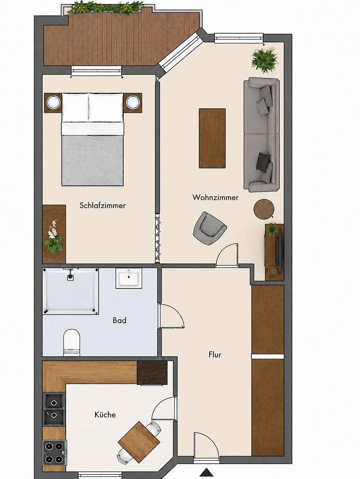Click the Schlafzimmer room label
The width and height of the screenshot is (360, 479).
tap(103, 205)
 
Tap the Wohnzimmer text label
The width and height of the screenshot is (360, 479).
tap(215, 197)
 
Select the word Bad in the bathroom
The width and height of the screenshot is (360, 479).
tap(119, 320)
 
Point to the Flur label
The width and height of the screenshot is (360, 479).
tap(215, 354)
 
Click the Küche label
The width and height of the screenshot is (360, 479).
tap(105, 415)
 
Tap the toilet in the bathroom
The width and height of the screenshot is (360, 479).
tap(71, 342)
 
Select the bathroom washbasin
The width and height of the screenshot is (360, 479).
tap(129, 278)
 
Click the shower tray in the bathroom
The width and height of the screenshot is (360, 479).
tap(71, 291)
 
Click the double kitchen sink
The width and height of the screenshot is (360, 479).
tap(54, 409)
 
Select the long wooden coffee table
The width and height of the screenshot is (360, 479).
tap(212, 138)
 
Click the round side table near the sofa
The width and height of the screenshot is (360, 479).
tap(264, 209)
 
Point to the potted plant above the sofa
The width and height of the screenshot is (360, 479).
tap(265, 59)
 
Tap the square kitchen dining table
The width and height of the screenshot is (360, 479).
tap(139, 442)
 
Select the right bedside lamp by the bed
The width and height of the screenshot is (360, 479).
tap(133, 102)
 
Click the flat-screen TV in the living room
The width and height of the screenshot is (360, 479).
tap(279, 247)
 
